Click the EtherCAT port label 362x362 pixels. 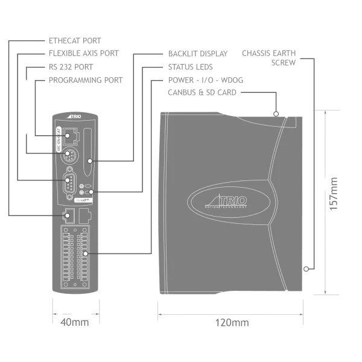(x=75, y=40)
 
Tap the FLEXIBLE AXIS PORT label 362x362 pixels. (x=81, y=54)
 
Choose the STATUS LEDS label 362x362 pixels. (x=191, y=67)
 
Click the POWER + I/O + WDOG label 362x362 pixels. (x=205, y=80)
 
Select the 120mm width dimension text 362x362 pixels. (x=232, y=324)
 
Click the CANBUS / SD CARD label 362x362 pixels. (x=202, y=94)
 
